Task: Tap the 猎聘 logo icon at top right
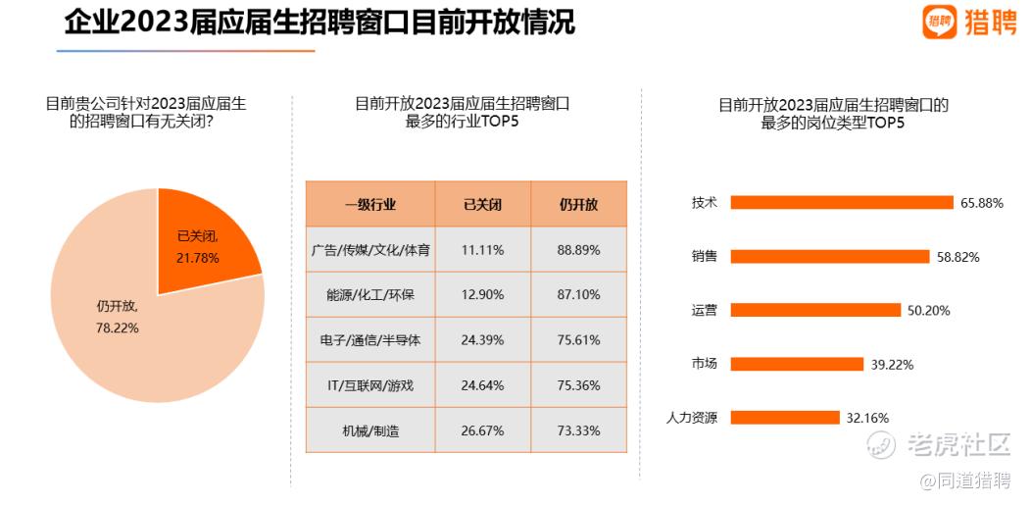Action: (x=939, y=21)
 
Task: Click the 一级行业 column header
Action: (x=370, y=205)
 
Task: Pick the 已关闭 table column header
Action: (x=482, y=205)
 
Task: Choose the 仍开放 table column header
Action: (x=578, y=205)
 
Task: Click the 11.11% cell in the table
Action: (x=482, y=250)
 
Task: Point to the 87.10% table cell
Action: (x=578, y=295)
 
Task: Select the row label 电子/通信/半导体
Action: (x=370, y=340)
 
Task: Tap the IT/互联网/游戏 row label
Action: (x=370, y=385)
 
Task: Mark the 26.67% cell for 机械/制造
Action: (x=482, y=430)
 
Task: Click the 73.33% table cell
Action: (x=578, y=430)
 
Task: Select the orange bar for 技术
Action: (x=842, y=203)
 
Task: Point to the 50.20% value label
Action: (x=929, y=311)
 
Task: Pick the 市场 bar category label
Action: (x=704, y=364)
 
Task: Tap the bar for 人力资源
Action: (x=785, y=418)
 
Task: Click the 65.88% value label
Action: (x=982, y=203)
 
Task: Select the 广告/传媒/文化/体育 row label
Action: (x=370, y=250)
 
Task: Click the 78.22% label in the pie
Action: (x=118, y=328)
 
